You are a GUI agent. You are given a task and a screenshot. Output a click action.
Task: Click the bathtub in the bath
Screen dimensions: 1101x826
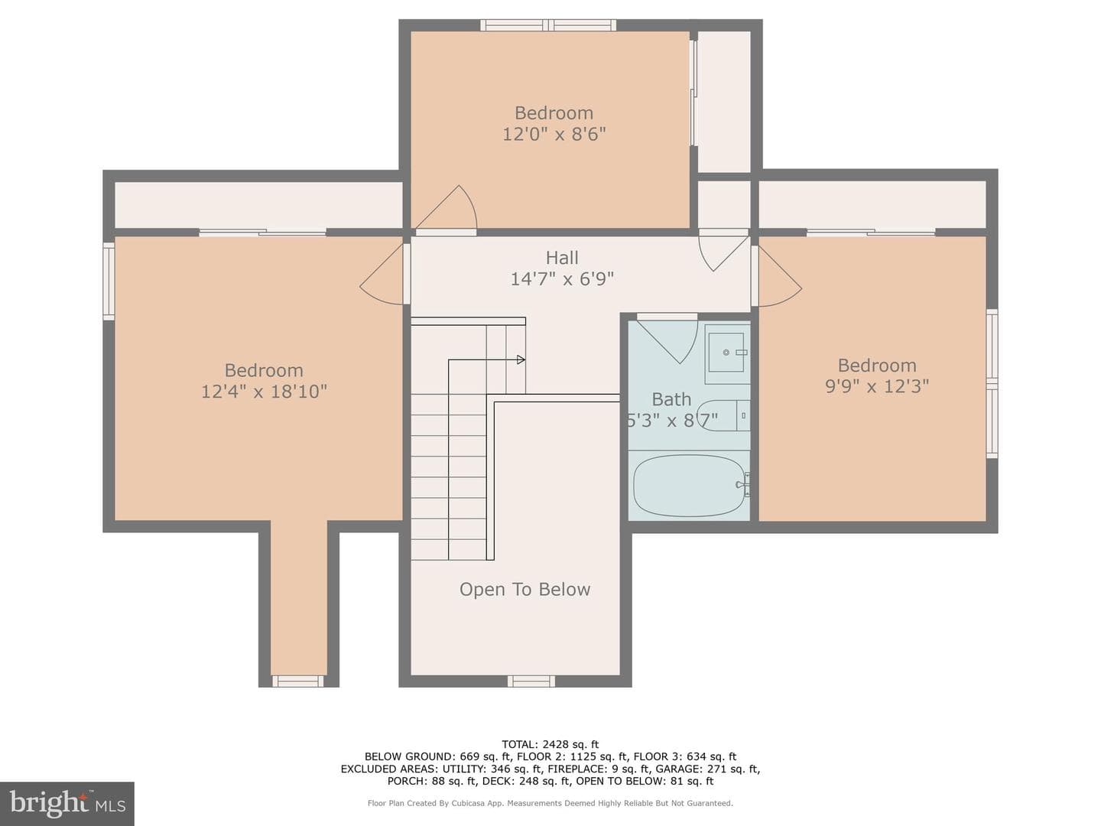click(689, 485)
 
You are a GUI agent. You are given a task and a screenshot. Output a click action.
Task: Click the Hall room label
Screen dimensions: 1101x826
click(562, 258)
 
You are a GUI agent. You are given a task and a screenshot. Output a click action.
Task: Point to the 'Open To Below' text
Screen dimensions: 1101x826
click(525, 589)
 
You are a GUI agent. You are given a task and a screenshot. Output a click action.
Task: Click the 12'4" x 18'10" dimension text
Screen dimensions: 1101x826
click(264, 391)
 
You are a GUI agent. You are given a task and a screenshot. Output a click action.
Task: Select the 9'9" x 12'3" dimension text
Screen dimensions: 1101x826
click(877, 386)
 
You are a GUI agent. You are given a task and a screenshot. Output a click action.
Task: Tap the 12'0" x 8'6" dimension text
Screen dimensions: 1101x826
click(554, 134)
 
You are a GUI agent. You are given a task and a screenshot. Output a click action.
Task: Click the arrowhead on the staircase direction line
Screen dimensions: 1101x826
click(521, 359)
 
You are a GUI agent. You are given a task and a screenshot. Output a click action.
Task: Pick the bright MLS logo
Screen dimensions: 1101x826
click(67, 803)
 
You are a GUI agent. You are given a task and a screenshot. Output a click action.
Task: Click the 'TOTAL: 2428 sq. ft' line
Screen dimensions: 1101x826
click(550, 744)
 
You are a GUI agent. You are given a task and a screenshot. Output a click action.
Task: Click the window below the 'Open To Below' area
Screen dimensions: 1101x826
click(531, 681)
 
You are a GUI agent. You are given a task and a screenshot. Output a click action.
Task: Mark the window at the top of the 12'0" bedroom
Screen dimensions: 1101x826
click(548, 25)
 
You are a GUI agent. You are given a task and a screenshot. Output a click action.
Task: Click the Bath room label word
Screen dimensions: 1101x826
click(671, 400)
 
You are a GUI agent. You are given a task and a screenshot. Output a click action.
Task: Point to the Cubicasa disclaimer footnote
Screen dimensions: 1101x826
click(550, 803)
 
